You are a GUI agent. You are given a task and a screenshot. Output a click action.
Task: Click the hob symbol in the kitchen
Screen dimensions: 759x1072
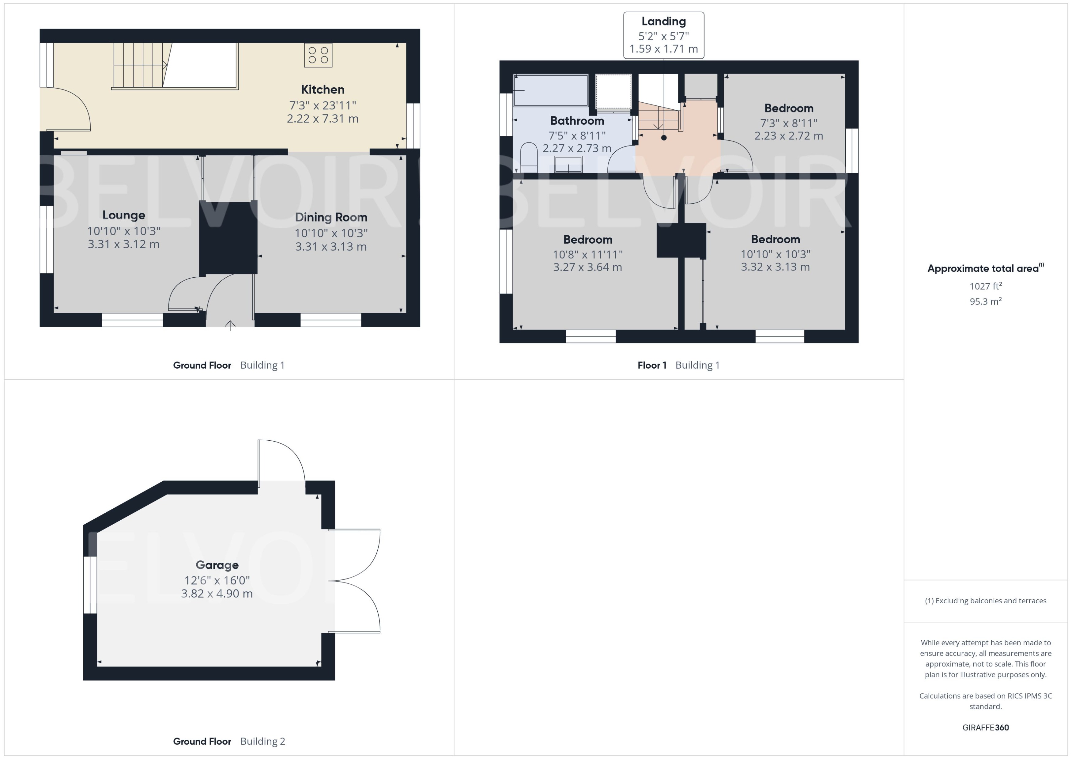click(x=318, y=55)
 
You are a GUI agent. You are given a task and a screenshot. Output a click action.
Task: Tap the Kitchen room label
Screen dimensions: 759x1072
click(x=322, y=89)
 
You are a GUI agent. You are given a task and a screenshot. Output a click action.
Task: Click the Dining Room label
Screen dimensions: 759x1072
click(x=331, y=217)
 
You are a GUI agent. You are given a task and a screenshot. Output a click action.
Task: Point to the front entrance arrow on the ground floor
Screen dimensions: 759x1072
click(x=230, y=325)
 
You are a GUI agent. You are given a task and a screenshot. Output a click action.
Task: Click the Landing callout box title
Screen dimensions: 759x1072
click(x=663, y=21)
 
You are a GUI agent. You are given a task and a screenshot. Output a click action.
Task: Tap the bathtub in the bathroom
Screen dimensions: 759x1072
click(x=550, y=90)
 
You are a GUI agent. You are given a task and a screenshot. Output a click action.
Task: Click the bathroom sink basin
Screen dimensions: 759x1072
click(x=568, y=165)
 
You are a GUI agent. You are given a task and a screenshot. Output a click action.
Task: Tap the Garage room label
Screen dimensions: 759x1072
click(x=217, y=565)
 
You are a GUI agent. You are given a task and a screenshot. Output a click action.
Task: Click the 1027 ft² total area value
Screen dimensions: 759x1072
click(x=985, y=286)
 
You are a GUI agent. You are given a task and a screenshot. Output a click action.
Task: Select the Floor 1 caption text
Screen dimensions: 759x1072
click(x=651, y=366)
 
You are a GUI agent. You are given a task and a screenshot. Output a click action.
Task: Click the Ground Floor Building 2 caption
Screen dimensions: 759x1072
click(x=229, y=741)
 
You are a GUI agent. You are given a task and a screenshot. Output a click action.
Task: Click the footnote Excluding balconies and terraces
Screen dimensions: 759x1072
click(x=985, y=601)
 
